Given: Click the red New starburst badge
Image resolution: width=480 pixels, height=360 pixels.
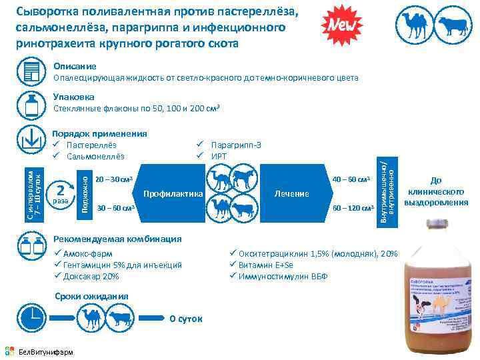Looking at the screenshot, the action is [x=342, y=25].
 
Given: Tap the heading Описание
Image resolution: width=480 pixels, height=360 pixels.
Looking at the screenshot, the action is [x=75, y=67].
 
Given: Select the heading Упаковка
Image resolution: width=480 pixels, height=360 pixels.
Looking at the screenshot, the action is [x=73, y=97].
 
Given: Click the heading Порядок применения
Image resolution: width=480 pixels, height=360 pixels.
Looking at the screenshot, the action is [x=99, y=133].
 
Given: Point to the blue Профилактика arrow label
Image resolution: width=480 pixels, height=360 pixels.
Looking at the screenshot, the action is [x=172, y=193].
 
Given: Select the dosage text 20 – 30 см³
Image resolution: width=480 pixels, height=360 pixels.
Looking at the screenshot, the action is [x=115, y=179].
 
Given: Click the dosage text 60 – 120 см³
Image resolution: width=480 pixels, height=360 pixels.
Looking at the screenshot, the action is [x=352, y=208].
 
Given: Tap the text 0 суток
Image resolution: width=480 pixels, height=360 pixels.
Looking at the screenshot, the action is [x=186, y=319].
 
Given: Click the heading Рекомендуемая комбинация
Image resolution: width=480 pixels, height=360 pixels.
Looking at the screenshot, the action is [x=117, y=239].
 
